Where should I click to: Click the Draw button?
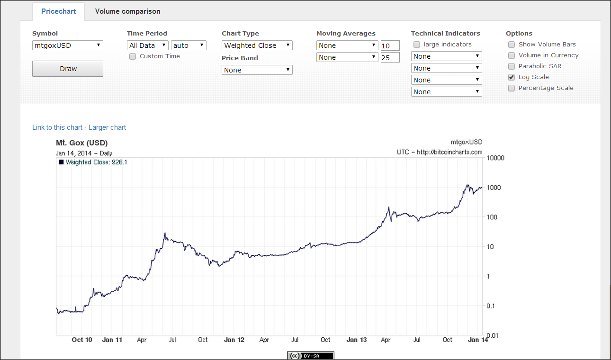click(x=68, y=69)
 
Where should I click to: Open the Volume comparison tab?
click(x=128, y=11)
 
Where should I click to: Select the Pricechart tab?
click(x=58, y=11)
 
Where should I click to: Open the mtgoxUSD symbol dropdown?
click(x=68, y=45)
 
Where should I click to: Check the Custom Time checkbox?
click(x=133, y=56)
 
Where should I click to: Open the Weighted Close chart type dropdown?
click(x=257, y=45)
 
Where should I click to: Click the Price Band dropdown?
click(x=257, y=70)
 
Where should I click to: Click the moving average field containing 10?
click(x=390, y=45)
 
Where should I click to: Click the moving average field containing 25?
click(x=390, y=57)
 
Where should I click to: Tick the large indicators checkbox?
click(x=417, y=45)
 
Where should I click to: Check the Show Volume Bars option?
click(x=512, y=45)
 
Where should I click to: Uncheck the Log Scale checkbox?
click(x=512, y=77)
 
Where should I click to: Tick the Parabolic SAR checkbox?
click(x=512, y=66)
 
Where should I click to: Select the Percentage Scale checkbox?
click(x=512, y=88)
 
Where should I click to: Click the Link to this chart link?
click(x=57, y=127)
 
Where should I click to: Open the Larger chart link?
click(x=107, y=127)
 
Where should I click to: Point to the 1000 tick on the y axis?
click(x=494, y=188)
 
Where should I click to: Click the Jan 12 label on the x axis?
click(x=234, y=340)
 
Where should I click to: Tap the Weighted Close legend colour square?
click(x=61, y=162)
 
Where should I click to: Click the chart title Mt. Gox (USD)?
click(x=82, y=143)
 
